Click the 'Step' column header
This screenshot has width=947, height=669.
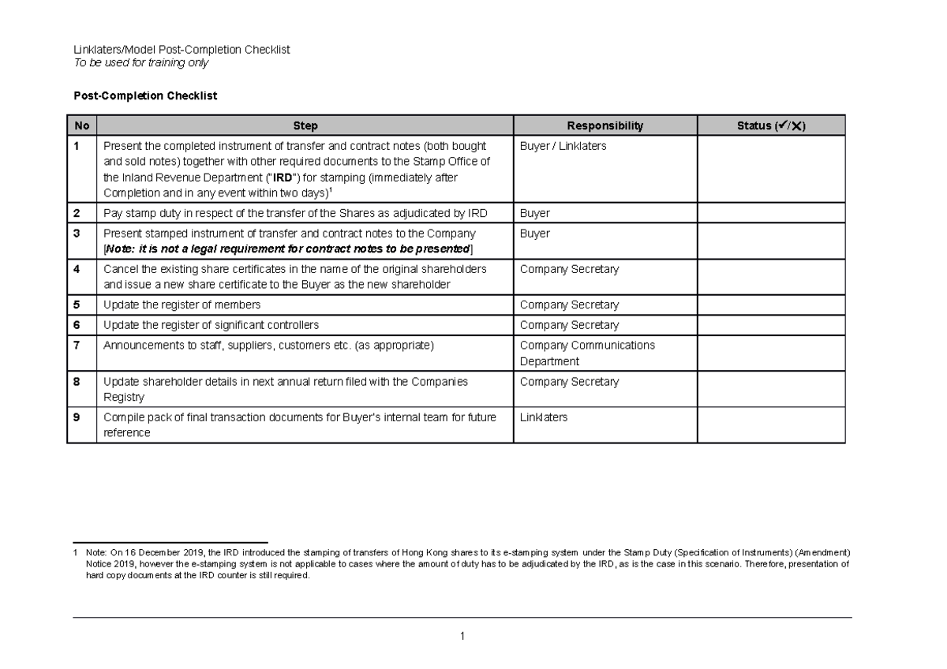305,125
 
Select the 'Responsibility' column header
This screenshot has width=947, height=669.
605,125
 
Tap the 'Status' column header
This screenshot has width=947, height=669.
771,125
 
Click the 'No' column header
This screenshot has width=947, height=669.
81,125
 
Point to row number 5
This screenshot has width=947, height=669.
77,305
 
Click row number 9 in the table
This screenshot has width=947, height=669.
77,417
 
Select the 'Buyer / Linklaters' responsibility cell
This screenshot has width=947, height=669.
563,146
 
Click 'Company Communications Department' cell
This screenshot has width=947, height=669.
587,353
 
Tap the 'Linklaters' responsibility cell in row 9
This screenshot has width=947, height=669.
543,417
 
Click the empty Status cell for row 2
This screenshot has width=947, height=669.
771,213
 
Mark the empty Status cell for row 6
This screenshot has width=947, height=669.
771,325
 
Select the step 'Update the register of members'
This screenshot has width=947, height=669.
182,305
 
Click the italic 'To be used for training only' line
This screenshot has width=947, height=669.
140,62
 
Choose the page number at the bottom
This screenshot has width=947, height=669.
462,636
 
